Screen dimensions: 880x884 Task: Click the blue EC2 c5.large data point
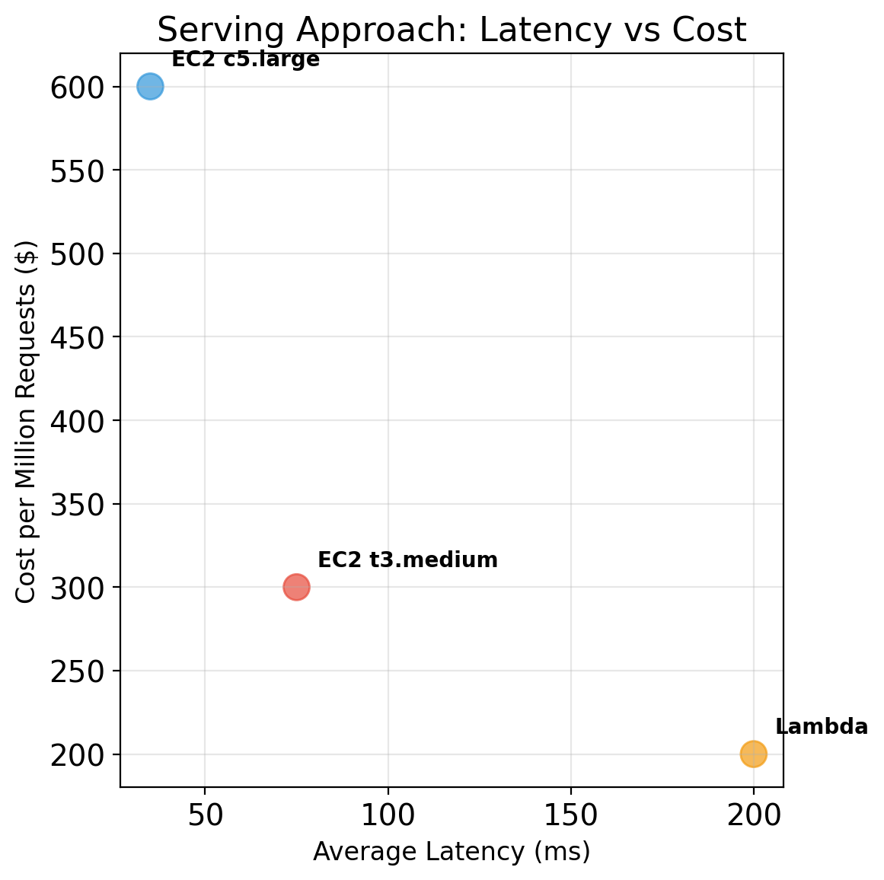click(150, 87)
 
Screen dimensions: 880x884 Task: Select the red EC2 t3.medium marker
click(296, 587)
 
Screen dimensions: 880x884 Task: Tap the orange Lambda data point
click(753, 754)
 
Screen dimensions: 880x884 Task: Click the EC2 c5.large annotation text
click(245, 59)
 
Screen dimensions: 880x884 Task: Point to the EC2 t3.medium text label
click(407, 560)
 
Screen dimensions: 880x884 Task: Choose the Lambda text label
click(821, 727)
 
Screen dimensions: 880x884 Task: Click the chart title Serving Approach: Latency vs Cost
click(452, 30)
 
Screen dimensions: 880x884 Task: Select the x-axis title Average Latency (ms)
click(452, 852)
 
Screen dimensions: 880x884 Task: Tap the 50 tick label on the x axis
click(205, 815)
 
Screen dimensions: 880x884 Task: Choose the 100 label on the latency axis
click(388, 815)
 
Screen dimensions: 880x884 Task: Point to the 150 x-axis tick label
click(570, 815)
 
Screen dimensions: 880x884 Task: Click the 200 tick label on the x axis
click(753, 815)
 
